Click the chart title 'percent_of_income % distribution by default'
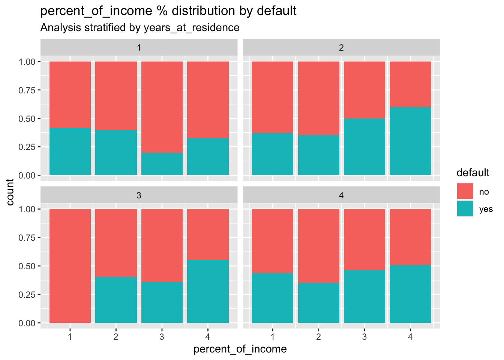tap(168, 11)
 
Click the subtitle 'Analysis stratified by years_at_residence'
tap(139, 27)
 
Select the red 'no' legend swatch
tap(465, 191)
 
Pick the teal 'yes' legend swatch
tap(465, 208)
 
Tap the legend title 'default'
tap(472, 172)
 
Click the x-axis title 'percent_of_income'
tap(240, 349)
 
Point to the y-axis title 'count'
tap(10, 192)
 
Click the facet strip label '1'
tap(139, 48)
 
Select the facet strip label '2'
tap(341, 48)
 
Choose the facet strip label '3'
tap(139, 195)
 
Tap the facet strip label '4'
tap(341, 195)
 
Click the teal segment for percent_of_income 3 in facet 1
tap(162, 164)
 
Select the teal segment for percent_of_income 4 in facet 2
tap(411, 141)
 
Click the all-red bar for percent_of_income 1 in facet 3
tap(70, 265)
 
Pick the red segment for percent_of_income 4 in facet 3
tap(208, 234)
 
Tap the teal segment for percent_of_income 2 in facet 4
tap(319, 303)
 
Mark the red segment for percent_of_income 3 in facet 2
tap(364, 90)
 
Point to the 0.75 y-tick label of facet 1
tap(27, 90)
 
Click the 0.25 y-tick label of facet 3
tap(27, 295)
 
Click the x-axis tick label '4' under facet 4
tap(411, 336)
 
